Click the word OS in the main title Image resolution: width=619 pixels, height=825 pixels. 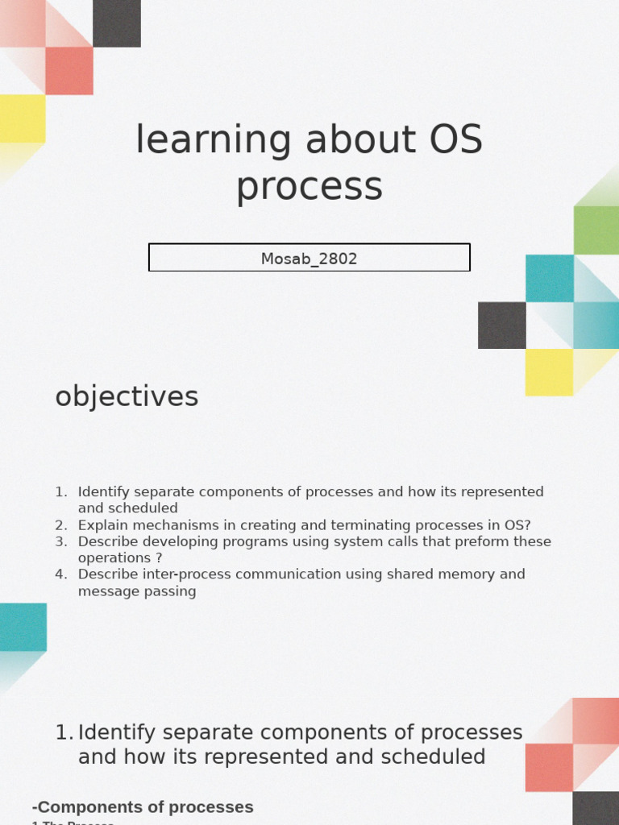[x=455, y=140]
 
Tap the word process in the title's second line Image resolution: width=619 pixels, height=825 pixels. [x=309, y=186]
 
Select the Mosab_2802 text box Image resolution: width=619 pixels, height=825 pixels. [x=309, y=258]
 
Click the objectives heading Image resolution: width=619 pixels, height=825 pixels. [x=127, y=396]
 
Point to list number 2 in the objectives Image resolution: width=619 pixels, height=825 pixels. [x=61, y=524]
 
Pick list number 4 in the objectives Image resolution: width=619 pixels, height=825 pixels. [x=61, y=574]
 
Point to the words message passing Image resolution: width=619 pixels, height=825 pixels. [x=137, y=591]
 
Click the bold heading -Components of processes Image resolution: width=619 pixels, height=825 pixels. [x=143, y=806]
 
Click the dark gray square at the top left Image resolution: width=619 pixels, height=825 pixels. [x=117, y=23]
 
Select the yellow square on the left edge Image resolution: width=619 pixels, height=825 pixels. [x=23, y=118]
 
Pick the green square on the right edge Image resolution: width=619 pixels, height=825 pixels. [x=596, y=230]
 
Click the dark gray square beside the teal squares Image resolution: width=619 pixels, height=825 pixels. [x=501, y=325]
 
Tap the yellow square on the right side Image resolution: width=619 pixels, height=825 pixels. [x=549, y=372]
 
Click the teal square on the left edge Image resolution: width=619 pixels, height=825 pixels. [x=23, y=627]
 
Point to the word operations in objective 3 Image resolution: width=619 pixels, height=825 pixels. [x=114, y=558]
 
